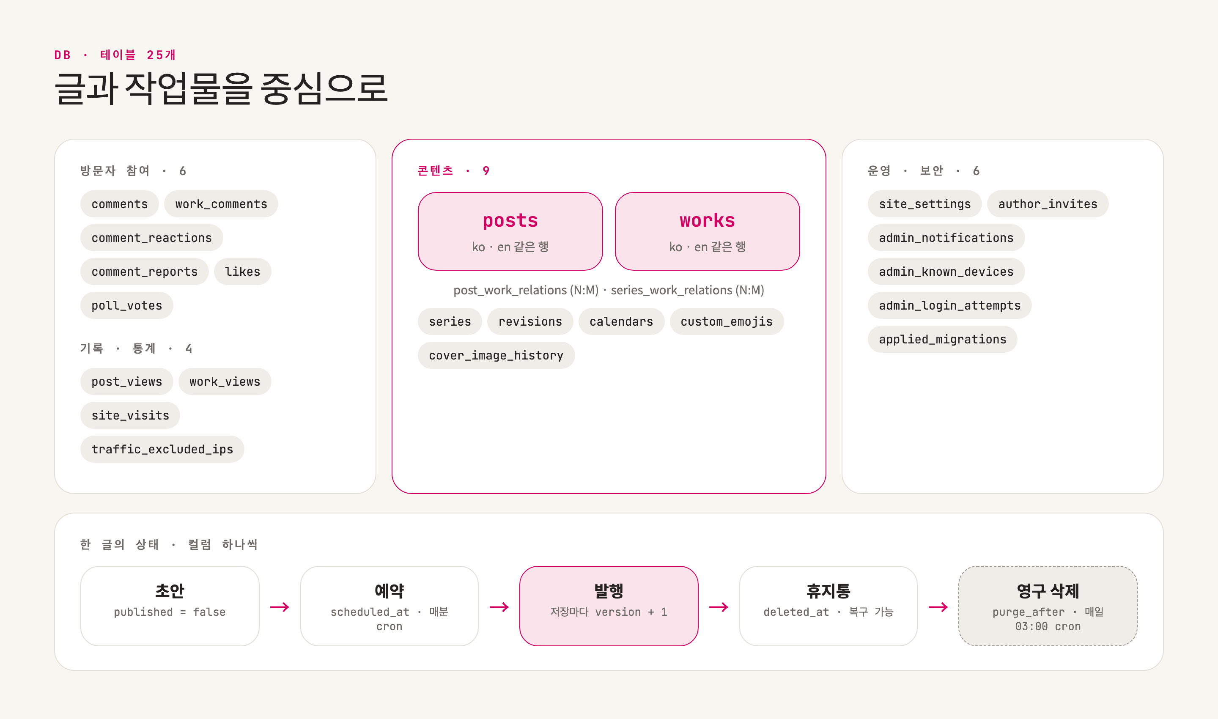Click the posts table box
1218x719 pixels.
point(510,231)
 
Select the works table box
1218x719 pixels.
point(708,231)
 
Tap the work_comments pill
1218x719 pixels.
point(221,204)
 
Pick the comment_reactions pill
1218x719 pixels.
point(152,238)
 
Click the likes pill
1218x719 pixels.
point(243,272)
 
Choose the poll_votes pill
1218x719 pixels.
point(127,306)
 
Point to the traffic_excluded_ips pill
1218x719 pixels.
point(162,449)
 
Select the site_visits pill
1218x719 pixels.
point(130,415)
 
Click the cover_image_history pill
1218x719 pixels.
point(496,355)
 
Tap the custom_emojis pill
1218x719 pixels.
point(727,321)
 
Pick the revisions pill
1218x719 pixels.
point(530,321)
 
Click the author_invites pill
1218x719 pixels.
point(1048,204)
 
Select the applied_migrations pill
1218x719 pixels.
point(943,339)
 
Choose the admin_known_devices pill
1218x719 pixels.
point(946,272)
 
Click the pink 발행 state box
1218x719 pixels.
point(609,606)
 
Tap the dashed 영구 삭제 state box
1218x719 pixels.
point(1048,606)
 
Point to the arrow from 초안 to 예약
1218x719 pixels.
point(280,607)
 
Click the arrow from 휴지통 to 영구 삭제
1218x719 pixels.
point(938,607)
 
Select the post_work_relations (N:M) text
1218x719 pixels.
point(526,290)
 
